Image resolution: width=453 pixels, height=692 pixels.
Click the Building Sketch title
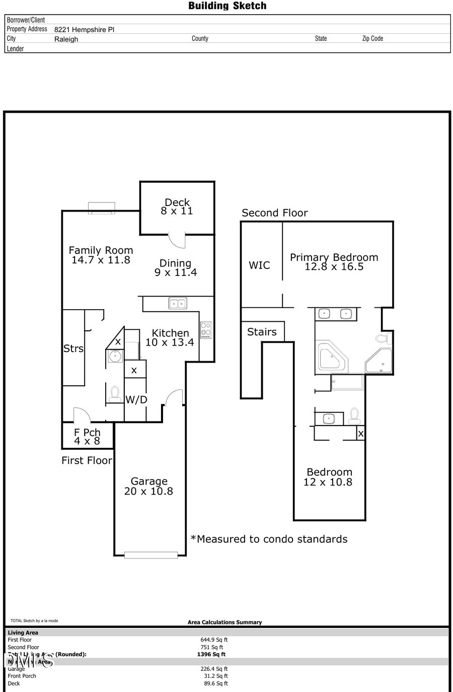click(x=227, y=6)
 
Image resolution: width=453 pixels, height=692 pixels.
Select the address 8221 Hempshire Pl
click(x=84, y=30)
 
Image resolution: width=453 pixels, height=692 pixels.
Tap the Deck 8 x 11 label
click(x=177, y=206)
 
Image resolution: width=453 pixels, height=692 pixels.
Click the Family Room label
click(x=101, y=255)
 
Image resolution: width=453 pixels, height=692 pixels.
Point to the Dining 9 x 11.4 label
click(x=176, y=267)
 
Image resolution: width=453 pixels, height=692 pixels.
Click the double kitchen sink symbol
click(x=178, y=303)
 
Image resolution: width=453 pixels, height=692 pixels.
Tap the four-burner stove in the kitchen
click(x=206, y=330)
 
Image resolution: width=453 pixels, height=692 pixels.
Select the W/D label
click(x=136, y=400)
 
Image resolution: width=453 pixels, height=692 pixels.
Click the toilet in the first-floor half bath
click(x=115, y=393)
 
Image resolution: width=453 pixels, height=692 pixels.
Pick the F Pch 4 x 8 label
click(x=87, y=437)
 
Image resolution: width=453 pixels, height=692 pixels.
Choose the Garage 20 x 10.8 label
click(x=148, y=487)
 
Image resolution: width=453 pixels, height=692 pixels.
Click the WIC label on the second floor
click(x=259, y=265)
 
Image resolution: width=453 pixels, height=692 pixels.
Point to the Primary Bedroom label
click(x=334, y=262)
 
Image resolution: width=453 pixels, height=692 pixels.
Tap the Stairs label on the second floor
click(x=262, y=332)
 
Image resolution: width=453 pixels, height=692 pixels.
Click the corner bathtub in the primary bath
click(x=332, y=357)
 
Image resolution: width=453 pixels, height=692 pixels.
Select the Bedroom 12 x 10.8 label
click(x=329, y=477)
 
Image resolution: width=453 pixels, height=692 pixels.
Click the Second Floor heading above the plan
click(x=274, y=213)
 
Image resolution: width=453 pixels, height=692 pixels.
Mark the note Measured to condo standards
click(x=269, y=539)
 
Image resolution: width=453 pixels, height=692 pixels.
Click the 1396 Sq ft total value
click(x=211, y=654)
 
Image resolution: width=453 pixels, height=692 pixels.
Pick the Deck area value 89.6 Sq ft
click(x=214, y=683)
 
